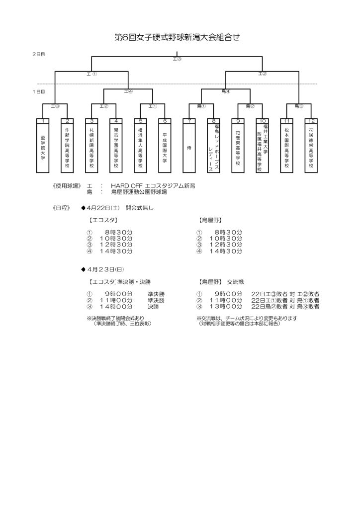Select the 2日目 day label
(39, 54)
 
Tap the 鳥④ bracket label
(226, 91)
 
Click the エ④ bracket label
(128, 91)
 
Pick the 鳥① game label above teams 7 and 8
(201, 106)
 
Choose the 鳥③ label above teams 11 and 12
(299, 106)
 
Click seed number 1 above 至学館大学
(43, 121)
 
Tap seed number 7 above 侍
(189, 121)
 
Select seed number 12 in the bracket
(311, 121)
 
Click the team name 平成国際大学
(165, 147)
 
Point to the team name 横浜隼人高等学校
(141, 147)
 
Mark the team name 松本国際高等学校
(286, 147)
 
